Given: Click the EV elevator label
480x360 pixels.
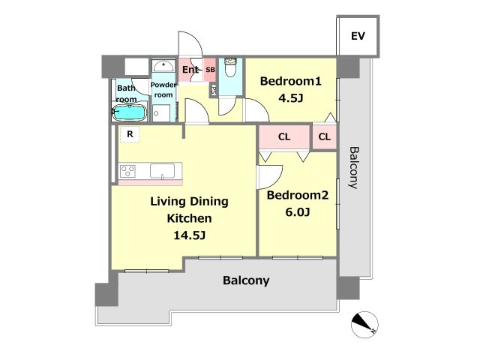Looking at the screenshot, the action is (x=358, y=36).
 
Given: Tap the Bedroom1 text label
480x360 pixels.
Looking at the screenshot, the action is (x=290, y=81).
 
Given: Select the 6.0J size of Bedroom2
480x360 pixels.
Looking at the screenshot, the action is (x=298, y=211).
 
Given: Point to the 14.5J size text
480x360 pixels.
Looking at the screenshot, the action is (x=189, y=235).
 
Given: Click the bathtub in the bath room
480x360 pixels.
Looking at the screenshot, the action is (x=129, y=112).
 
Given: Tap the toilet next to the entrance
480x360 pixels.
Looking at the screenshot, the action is (x=231, y=67).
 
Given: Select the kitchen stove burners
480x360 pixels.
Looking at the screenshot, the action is (x=127, y=171).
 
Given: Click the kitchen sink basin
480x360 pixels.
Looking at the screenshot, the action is (x=162, y=170).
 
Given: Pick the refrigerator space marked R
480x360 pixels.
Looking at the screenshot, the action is (x=130, y=134).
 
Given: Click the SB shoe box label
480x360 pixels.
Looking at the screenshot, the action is (x=210, y=70).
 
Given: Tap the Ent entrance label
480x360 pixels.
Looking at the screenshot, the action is (x=190, y=70).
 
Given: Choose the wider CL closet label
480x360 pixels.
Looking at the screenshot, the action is (x=284, y=136).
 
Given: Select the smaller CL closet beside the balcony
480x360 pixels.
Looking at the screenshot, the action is (x=325, y=136).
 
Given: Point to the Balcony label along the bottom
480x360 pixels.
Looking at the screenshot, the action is (x=246, y=280).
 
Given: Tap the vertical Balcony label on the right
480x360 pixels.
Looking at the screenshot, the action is (x=354, y=168).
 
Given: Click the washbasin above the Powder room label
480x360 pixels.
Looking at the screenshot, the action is (x=163, y=66).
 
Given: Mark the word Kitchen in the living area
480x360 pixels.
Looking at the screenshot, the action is (x=189, y=218).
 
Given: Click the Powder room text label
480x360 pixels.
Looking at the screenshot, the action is (x=163, y=90).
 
